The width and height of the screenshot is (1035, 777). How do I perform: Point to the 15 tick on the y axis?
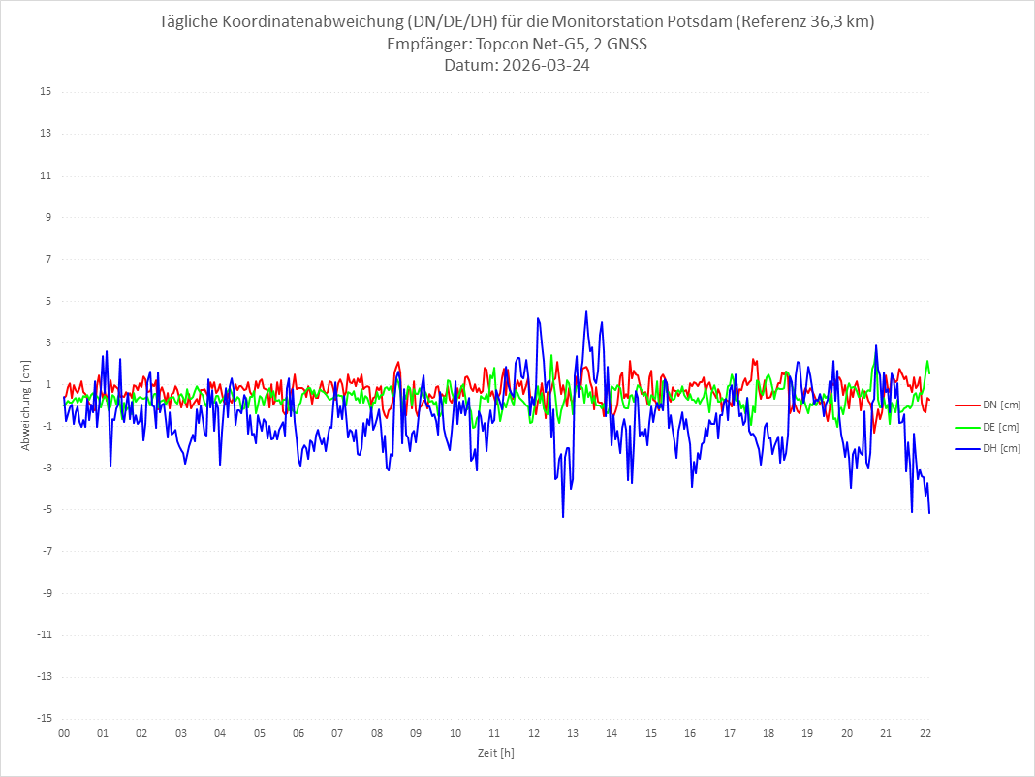click(46, 92)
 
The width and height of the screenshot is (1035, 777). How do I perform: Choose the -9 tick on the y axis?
click(45, 593)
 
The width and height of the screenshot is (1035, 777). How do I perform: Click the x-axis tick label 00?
click(64, 734)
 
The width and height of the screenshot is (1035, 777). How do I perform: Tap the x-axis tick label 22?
click(925, 734)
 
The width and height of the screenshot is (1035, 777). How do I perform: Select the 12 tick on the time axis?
click(534, 734)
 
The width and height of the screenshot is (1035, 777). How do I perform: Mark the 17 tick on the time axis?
click(730, 734)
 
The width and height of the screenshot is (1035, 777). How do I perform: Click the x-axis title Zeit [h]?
click(495, 753)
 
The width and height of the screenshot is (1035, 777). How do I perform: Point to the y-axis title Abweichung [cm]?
click(26, 405)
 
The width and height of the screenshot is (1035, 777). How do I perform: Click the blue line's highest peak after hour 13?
click(586, 311)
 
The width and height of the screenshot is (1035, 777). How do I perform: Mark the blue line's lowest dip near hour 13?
click(563, 517)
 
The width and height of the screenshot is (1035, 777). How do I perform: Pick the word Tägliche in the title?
click(191, 22)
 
